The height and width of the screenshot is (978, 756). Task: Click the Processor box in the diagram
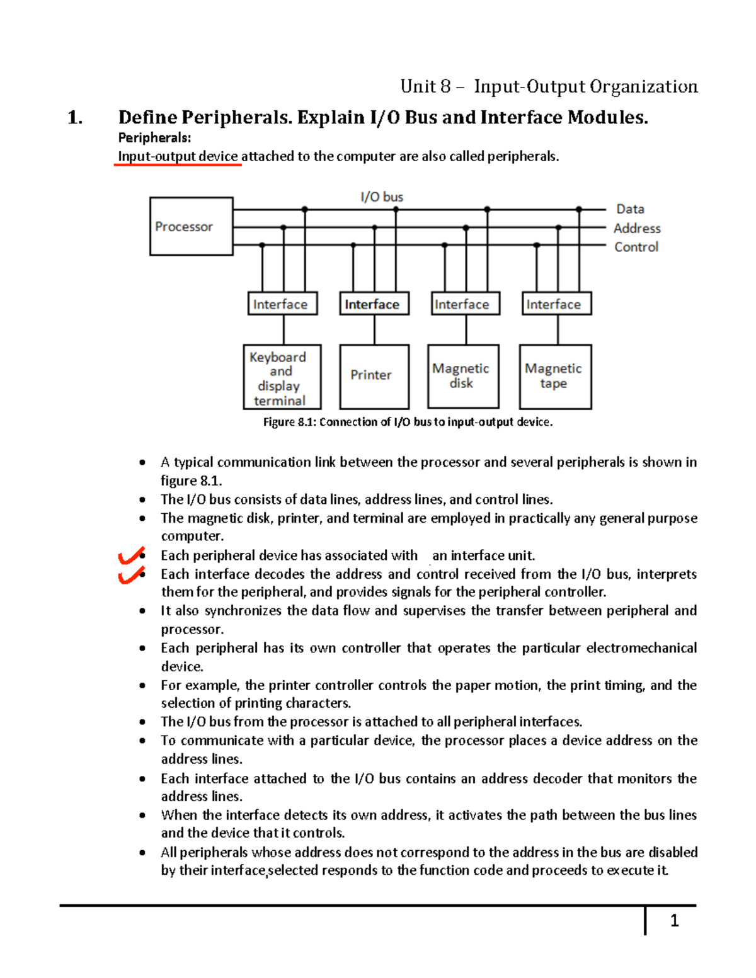point(191,226)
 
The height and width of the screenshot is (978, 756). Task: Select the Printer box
point(374,376)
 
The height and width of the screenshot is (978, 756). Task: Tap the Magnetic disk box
point(463,376)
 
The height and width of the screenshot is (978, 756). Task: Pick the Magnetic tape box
point(555,376)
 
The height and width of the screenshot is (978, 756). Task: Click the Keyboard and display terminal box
point(282,377)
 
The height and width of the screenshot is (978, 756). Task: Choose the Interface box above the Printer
point(374,304)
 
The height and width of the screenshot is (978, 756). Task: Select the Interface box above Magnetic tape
point(556,304)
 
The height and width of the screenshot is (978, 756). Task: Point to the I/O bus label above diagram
point(382,197)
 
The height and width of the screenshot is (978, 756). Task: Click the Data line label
point(630,209)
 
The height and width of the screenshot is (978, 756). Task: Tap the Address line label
point(637,228)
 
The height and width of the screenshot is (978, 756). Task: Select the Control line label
point(636,247)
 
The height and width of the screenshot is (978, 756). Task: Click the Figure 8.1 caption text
point(408,422)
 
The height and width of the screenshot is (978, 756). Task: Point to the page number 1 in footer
point(674,921)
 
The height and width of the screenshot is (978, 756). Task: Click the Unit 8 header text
point(549,86)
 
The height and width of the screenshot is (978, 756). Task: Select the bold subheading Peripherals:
point(154,138)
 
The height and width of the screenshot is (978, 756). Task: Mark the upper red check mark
point(131,556)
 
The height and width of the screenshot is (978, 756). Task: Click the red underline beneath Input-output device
point(178,165)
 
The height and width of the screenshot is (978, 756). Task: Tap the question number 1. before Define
point(75,118)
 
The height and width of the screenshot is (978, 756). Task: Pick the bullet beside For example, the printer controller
point(143,686)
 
